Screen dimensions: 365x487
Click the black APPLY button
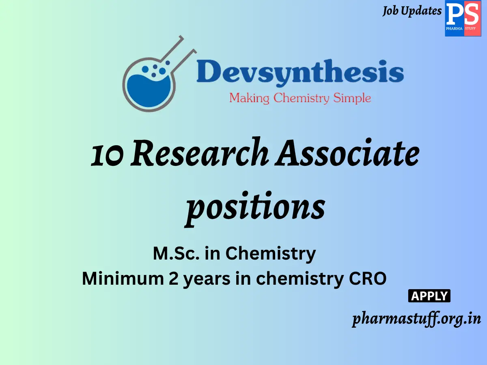[429, 296]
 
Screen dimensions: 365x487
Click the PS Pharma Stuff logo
[463, 19]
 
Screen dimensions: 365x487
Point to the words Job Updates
[412, 11]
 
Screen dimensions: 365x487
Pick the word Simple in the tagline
[352, 98]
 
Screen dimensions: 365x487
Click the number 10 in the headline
[106, 155]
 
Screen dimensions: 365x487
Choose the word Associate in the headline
[347, 154]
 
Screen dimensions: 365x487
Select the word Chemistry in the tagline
[301, 98]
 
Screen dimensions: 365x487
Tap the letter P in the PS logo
[454, 15]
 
